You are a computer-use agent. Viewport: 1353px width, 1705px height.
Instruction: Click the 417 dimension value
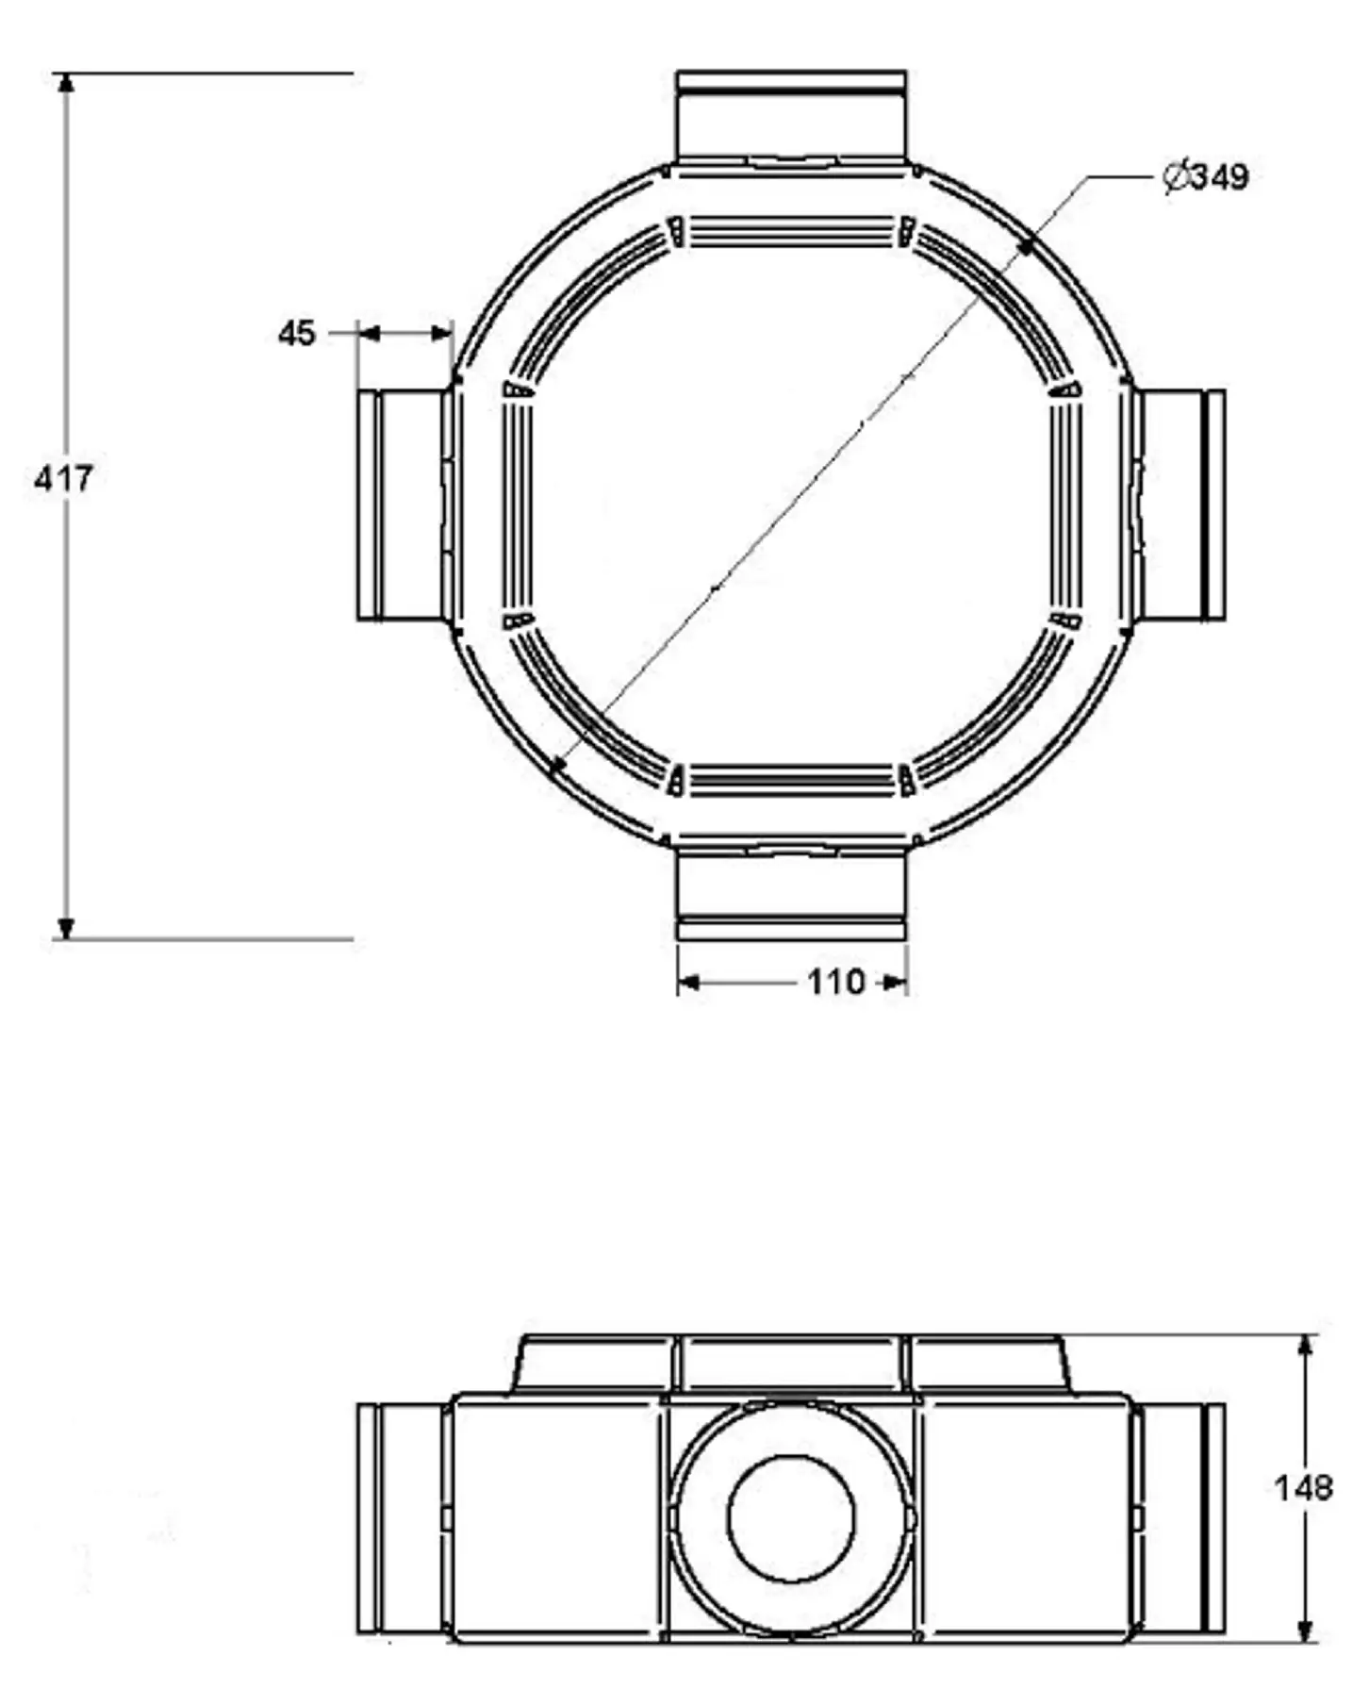(62, 479)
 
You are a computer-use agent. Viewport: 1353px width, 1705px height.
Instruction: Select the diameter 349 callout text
(1207, 176)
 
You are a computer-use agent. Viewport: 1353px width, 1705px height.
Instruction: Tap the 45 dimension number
(296, 333)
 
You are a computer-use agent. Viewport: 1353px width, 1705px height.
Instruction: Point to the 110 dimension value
(835, 983)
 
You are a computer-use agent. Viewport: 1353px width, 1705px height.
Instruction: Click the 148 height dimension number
(1303, 1488)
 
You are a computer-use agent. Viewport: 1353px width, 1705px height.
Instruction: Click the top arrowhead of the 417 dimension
(65, 83)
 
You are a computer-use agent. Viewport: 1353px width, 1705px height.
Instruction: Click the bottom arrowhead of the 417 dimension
(65, 928)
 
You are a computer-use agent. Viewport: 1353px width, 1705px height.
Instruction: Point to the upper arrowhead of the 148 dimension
(1306, 1346)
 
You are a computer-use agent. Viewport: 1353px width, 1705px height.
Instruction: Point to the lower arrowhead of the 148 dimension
(1306, 1631)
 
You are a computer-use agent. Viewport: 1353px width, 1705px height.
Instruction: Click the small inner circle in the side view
(791, 1519)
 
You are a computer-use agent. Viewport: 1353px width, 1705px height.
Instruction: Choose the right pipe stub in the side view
(1181, 1518)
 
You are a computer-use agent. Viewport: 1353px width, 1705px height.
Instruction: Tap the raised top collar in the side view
(791, 1363)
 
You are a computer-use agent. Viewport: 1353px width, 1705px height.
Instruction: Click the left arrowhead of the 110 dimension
(688, 984)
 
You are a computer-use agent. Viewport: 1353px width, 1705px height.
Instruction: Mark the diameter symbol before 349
(1175, 176)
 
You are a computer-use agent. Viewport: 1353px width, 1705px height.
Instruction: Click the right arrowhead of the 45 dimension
(441, 333)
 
